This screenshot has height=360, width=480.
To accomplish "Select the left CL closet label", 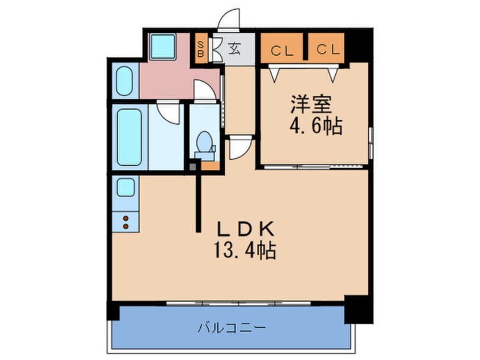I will pos(282,50).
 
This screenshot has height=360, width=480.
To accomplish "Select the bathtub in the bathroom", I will pos(129,137).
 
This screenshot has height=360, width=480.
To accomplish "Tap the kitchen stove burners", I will pos(125,221).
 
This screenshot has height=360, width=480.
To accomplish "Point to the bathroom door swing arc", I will pos(169,111).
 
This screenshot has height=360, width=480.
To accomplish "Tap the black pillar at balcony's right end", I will pos(357,309).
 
